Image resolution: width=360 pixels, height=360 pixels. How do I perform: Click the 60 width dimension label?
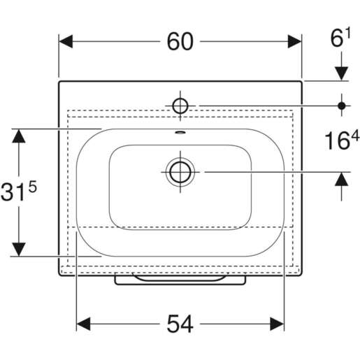(x=180, y=41)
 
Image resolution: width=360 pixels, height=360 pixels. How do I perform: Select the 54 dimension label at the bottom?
(x=180, y=324)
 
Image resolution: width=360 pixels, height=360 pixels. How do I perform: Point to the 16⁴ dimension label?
(x=342, y=140)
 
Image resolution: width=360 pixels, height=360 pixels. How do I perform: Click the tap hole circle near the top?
(x=180, y=106)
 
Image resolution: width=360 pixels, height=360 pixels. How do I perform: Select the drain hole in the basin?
(x=180, y=172)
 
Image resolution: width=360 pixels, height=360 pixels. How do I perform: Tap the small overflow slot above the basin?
(x=180, y=133)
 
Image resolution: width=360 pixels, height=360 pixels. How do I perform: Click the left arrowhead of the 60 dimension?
(x=66, y=41)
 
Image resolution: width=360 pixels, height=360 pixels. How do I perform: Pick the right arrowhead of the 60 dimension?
(x=294, y=41)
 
